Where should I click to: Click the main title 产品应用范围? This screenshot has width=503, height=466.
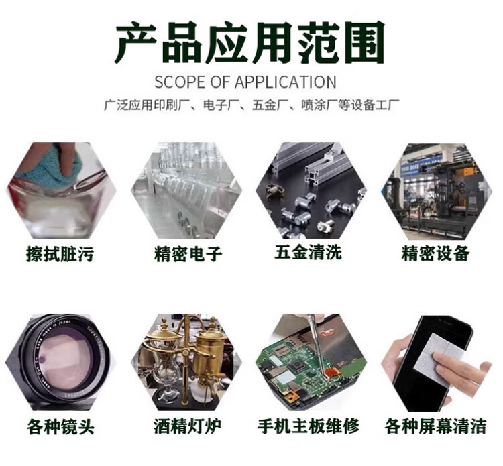pyautogui.click(x=250, y=43)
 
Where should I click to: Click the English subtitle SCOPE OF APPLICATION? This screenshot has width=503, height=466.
pyautogui.click(x=245, y=82)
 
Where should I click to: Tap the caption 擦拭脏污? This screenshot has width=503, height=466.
pyautogui.click(x=60, y=254)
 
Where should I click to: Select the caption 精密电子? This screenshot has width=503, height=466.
pyautogui.click(x=188, y=254)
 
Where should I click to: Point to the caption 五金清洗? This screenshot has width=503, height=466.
pyautogui.click(x=309, y=252)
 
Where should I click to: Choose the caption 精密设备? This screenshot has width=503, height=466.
pyautogui.click(x=435, y=253)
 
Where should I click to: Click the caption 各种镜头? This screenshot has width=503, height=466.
pyautogui.click(x=60, y=427)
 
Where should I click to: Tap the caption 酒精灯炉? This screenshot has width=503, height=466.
pyautogui.click(x=187, y=426)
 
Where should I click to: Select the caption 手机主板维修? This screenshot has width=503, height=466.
pyautogui.click(x=309, y=426)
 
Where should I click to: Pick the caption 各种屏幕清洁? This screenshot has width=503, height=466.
pyautogui.click(x=436, y=426)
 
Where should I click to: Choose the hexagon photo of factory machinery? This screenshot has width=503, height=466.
pyautogui.click(x=437, y=192)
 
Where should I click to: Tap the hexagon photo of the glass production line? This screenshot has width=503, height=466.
pyautogui.click(x=186, y=191)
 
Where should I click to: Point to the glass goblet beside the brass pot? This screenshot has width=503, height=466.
pyautogui.click(x=167, y=375)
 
